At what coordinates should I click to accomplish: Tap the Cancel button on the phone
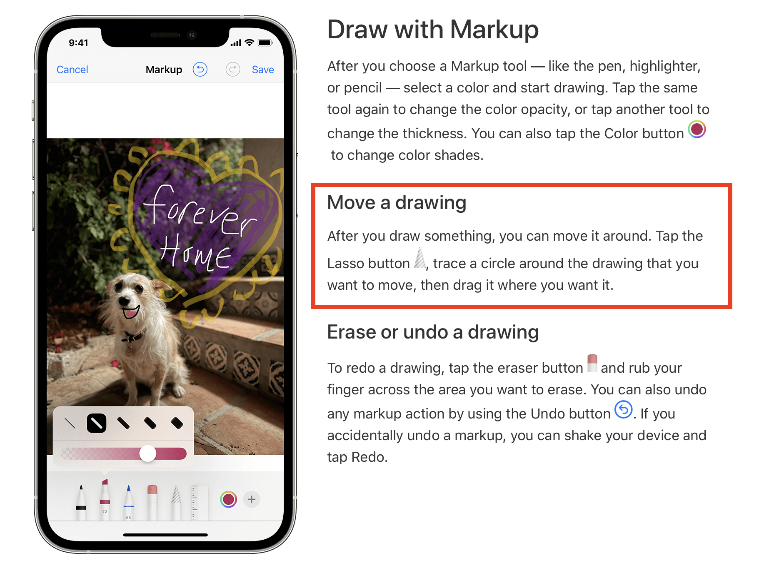[x=72, y=70]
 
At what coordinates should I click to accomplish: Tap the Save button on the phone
[x=263, y=70]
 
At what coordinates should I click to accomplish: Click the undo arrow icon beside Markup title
[x=200, y=69]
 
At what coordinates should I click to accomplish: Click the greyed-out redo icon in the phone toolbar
[x=233, y=69]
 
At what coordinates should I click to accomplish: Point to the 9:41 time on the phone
[x=78, y=43]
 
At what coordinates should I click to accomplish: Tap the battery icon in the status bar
[x=265, y=42]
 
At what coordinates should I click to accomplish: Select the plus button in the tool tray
[x=252, y=499]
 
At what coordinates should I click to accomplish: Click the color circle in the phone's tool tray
[x=228, y=499]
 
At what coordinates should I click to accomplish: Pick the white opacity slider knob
[x=147, y=453]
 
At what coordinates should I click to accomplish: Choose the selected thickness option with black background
[x=96, y=424]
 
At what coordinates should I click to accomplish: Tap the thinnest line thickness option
[x=70, y=424]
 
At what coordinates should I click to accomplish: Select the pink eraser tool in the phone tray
[x=152, y=502]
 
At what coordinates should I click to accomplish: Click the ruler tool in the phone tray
[x=200, y=502]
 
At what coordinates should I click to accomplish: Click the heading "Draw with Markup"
[x=433, y=30]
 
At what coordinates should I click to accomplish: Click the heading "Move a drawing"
[x=397, y=203]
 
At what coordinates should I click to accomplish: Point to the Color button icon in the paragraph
[x=697, y=129]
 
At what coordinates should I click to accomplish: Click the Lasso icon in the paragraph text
[x=420, y=258]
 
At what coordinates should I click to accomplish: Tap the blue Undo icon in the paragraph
[x=624, y=409]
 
